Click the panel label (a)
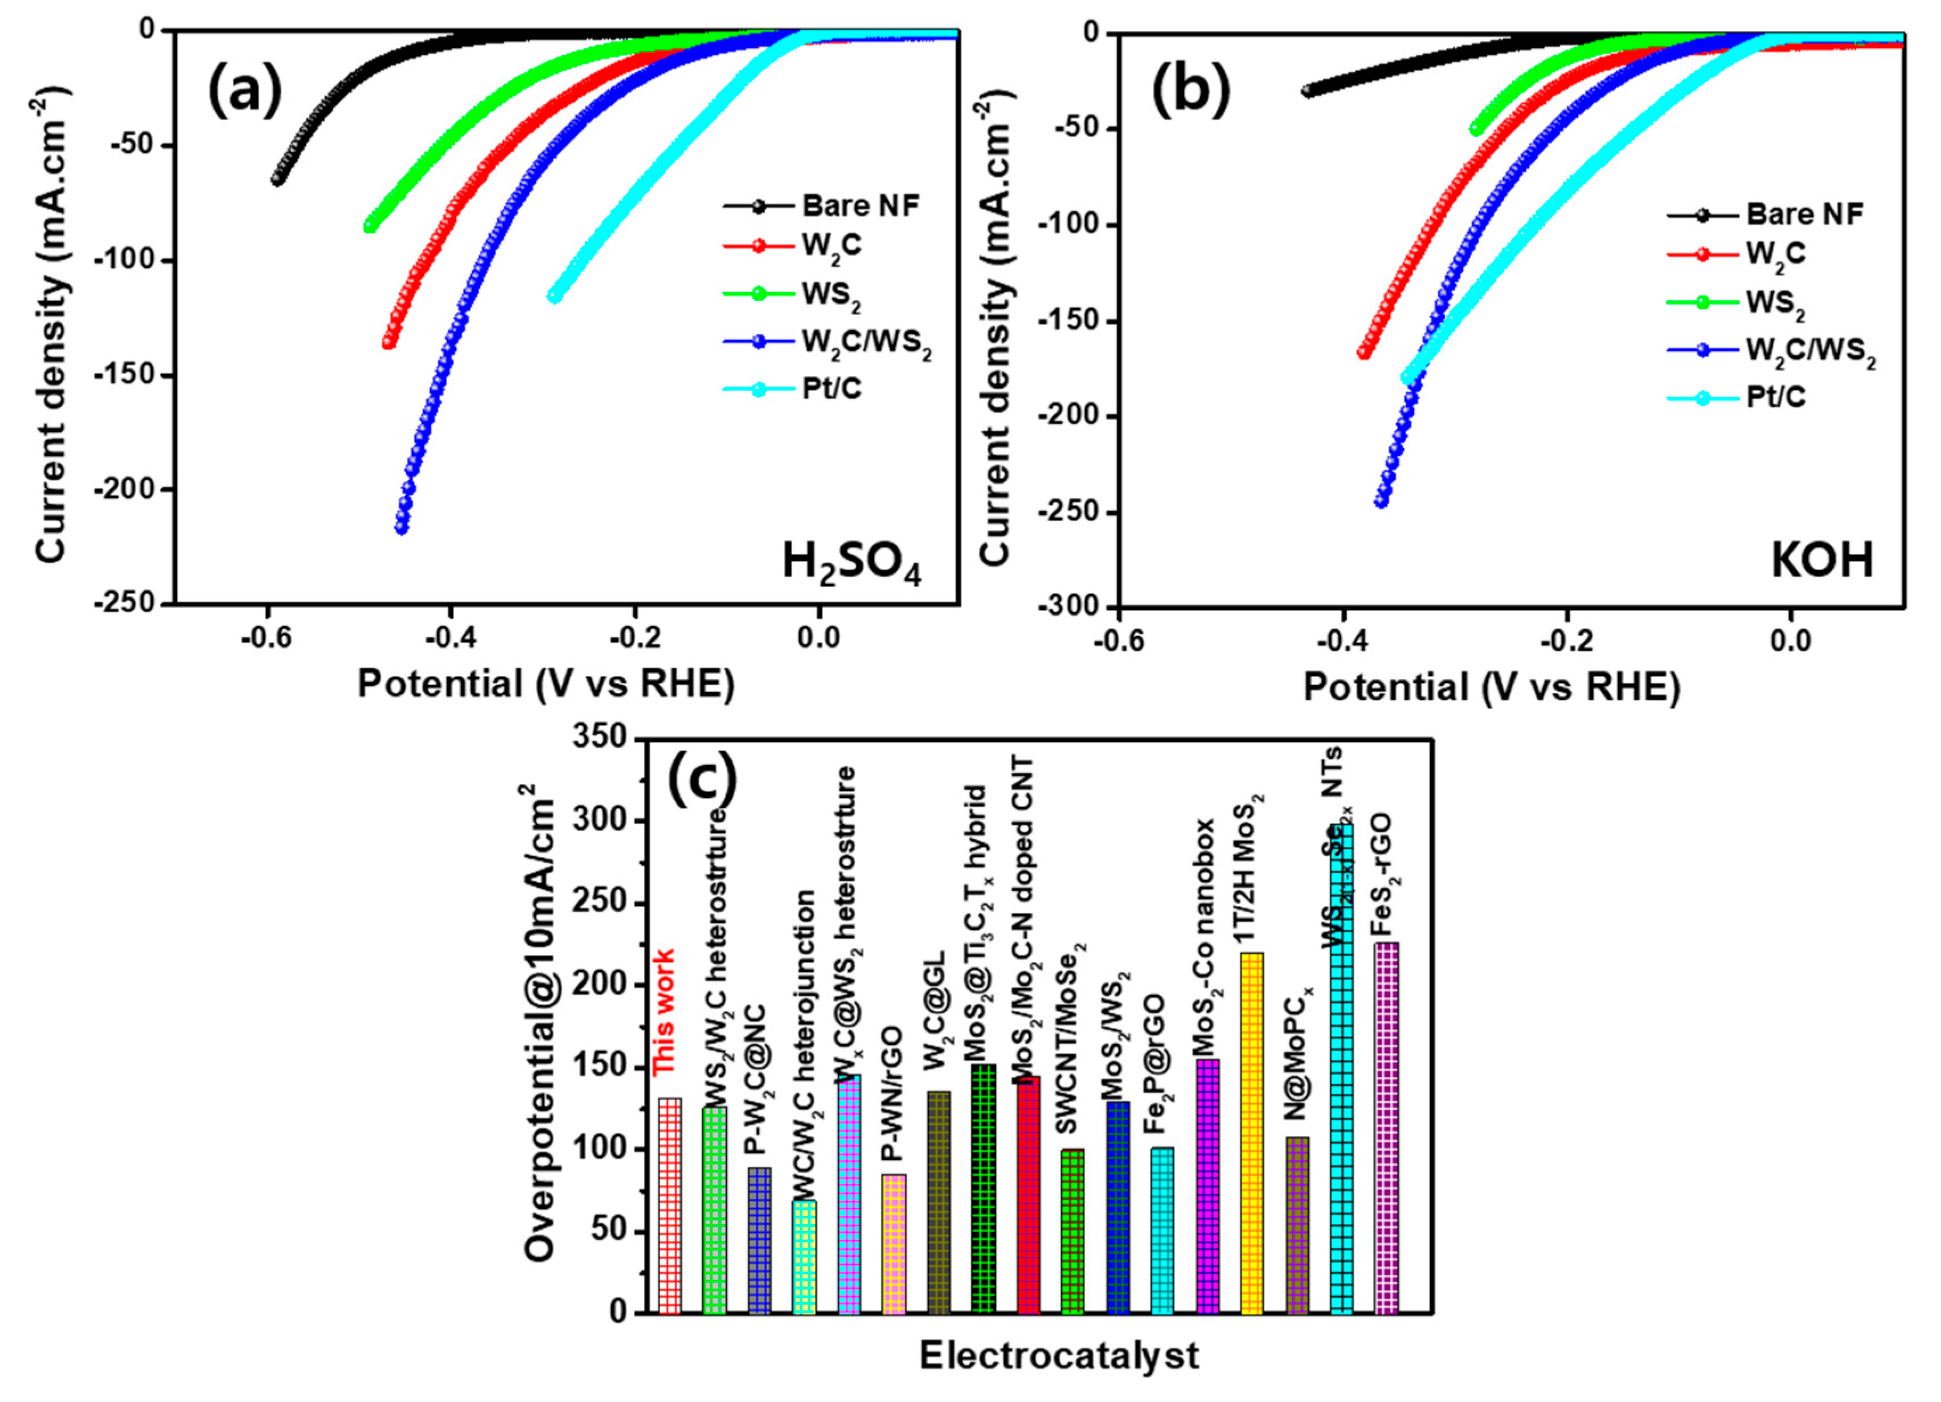[245, 92]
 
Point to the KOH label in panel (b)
[1822, 560]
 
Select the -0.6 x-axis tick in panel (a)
[268, 638]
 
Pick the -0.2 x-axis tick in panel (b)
[1567, 640]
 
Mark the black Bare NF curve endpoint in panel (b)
[1307, 91]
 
